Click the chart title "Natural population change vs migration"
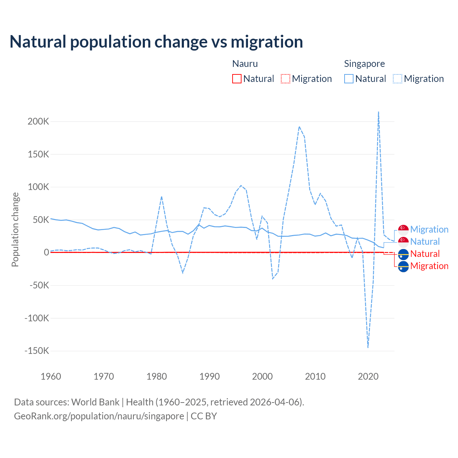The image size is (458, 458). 156,42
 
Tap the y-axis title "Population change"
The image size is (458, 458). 15,229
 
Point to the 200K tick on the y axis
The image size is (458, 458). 38,121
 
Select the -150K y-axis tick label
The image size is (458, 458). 36,351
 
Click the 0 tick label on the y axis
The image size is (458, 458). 46,252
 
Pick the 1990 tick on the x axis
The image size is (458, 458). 209,376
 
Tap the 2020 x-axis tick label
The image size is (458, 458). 368,376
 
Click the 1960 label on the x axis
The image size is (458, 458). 51,376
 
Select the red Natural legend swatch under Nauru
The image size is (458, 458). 237,79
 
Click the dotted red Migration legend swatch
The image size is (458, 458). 286,79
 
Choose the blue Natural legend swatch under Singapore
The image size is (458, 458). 349,79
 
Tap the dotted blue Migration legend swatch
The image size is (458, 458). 398,79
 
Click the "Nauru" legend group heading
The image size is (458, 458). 245,64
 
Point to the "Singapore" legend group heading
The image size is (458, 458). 364,64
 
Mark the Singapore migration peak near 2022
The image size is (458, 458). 379,112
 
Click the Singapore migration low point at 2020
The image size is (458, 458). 368,347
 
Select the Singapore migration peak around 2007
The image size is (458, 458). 299,127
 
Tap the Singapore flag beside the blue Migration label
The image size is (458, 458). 403,230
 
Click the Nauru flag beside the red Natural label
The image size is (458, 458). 403,254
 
